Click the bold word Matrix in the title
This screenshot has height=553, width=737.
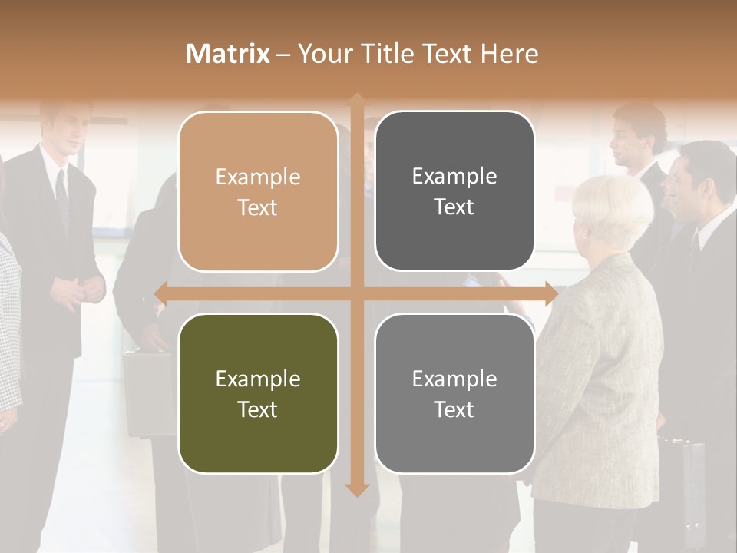click(x=228, y=54)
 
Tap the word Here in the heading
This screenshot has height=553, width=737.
click(x=510, y=54)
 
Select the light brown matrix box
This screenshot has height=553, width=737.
click(x=258, y=191)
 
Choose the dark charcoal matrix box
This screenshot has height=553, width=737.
click(x=454, y=191)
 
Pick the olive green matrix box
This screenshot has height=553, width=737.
click(x=258, y=393)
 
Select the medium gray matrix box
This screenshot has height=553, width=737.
click(x=454, y=393)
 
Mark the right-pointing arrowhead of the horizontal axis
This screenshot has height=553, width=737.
click(x=551, y=293)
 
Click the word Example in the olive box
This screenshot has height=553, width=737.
click(x=258, y=379)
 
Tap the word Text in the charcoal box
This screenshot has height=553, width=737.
click(x=454, y=207)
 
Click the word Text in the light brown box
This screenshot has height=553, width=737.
click(x=258, y=207)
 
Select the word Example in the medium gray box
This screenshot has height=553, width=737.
click(x=454, y=379)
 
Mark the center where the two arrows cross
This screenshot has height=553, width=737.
click(x=357, y=293)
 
